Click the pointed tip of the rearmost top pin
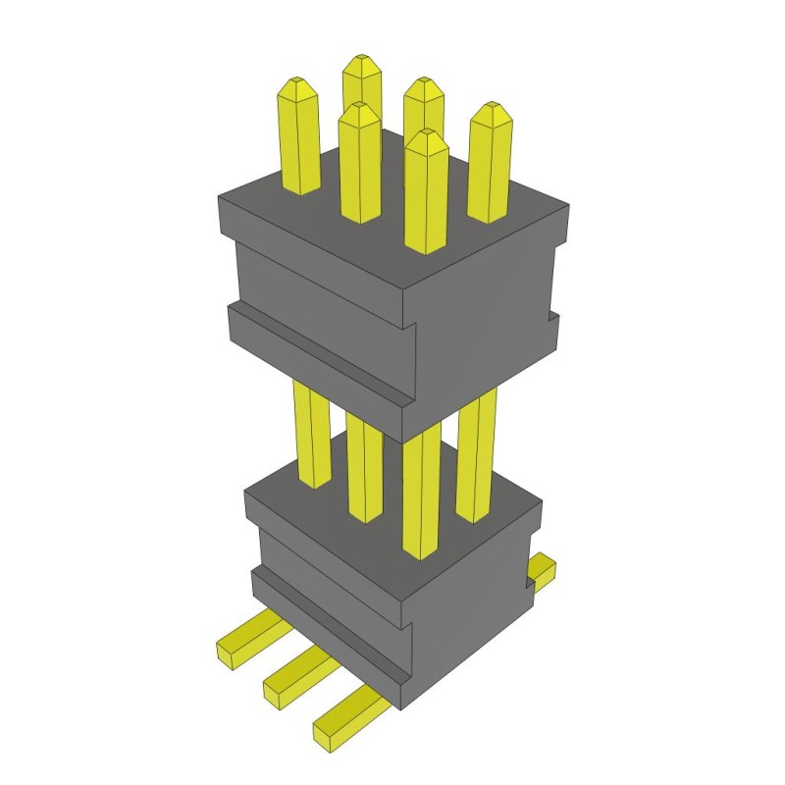(x=361, y=61)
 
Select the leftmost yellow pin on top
(x=300, y=137)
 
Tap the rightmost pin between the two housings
(x=477, y=451)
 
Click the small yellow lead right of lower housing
(x=542, y=571)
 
